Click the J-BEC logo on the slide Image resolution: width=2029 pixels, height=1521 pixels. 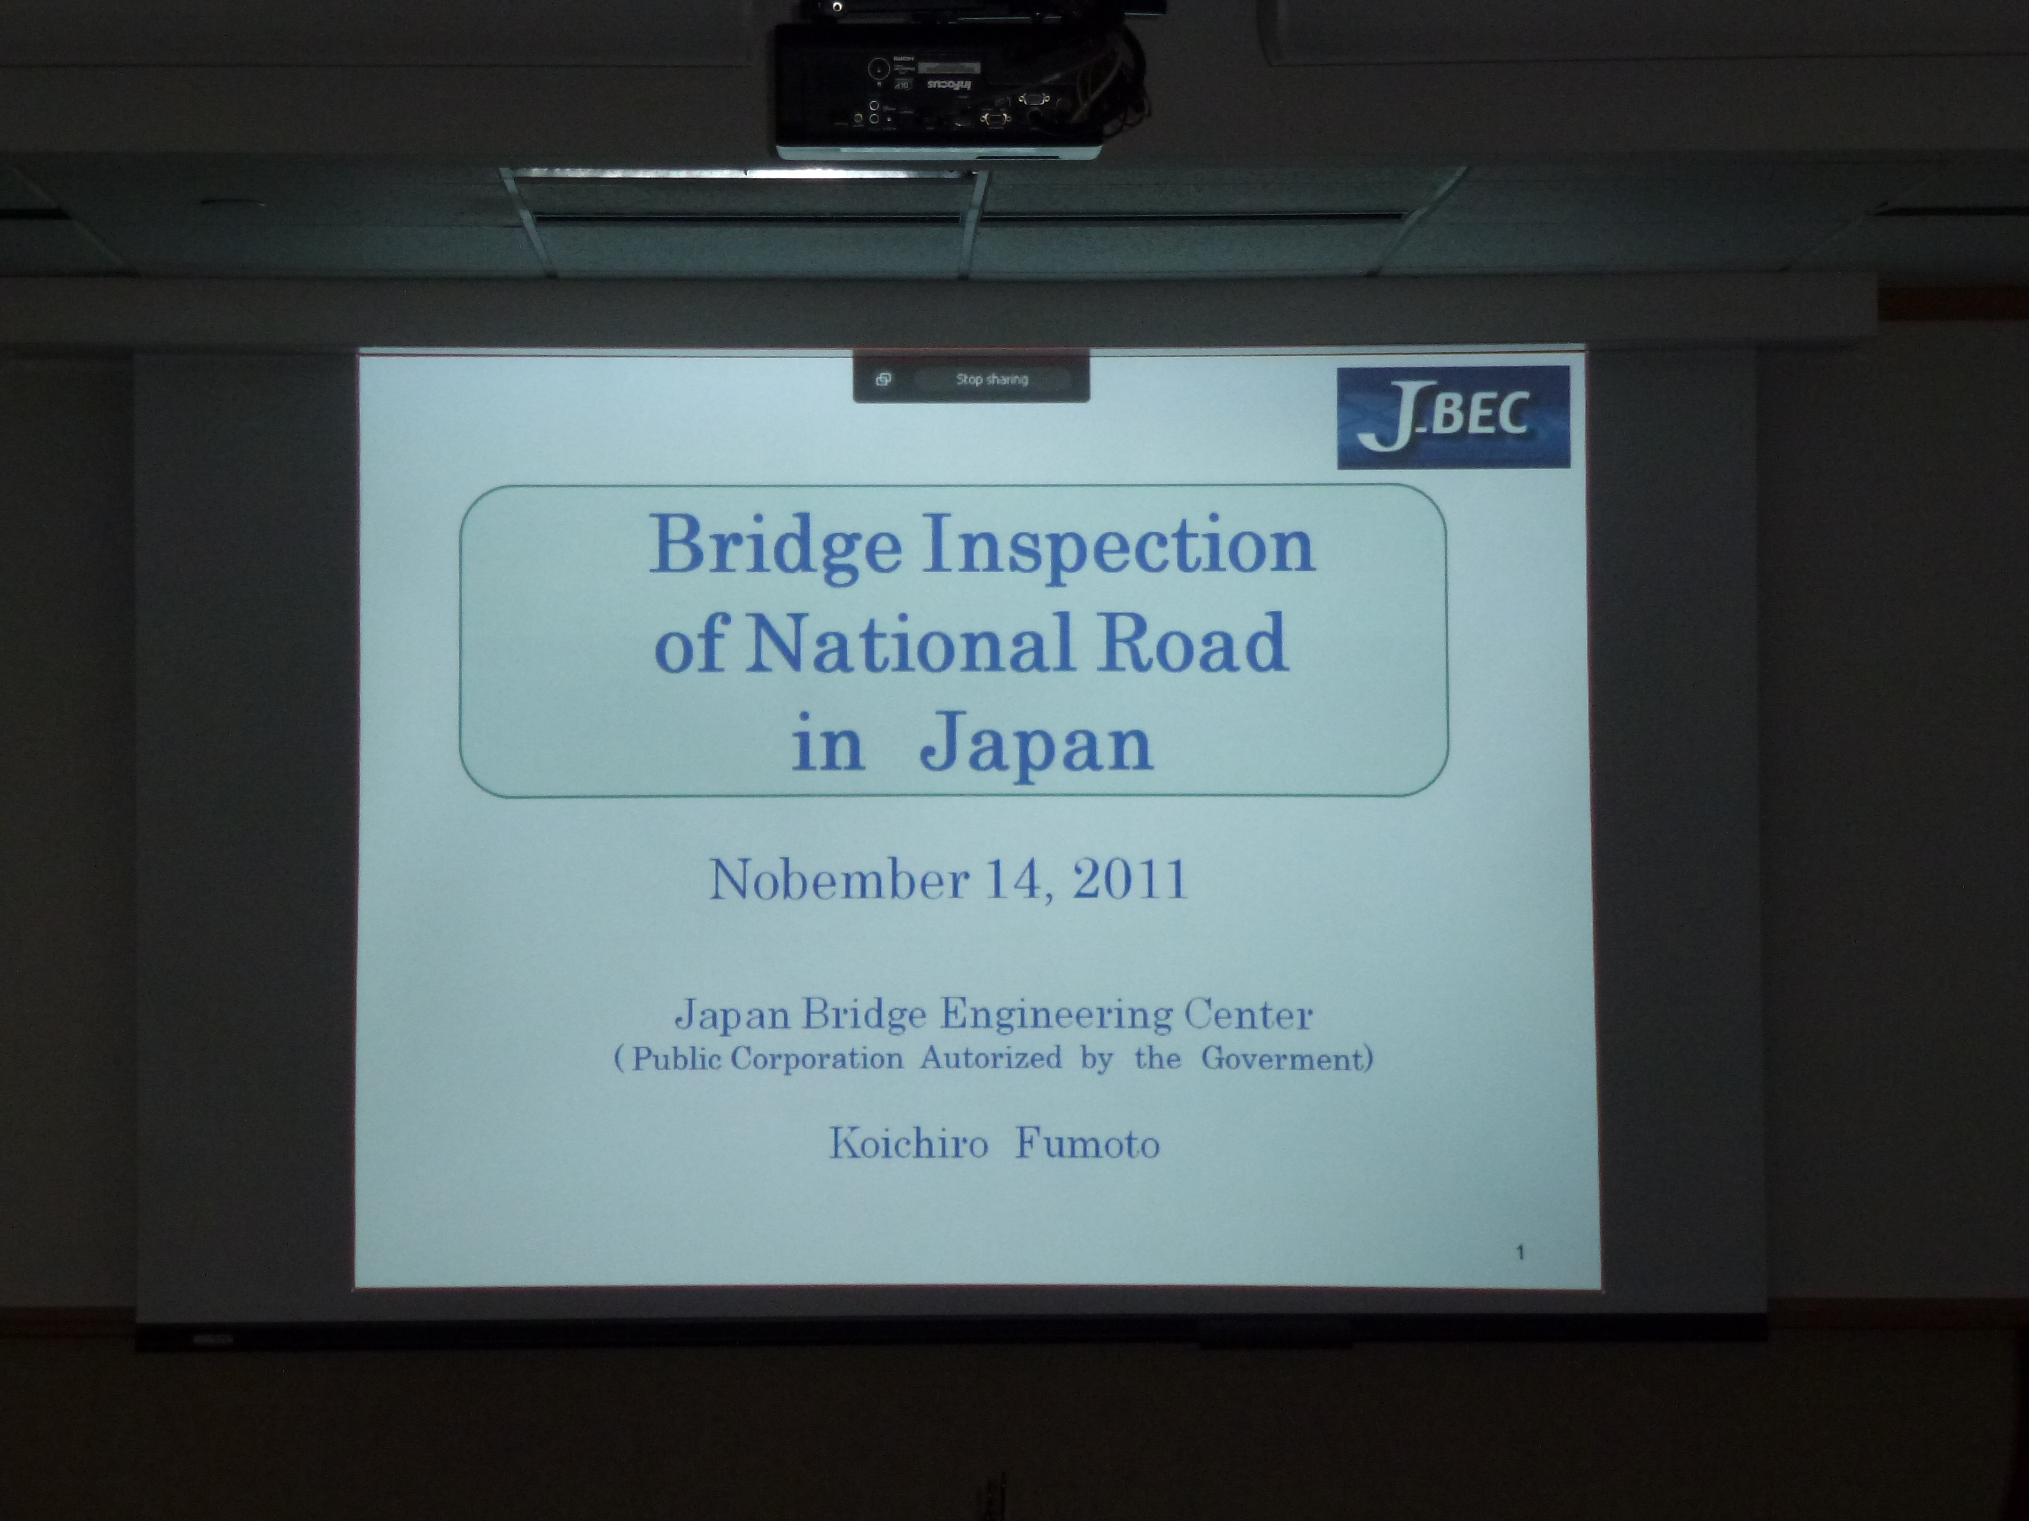coord(1453,417)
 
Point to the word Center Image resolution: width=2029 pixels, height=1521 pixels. coord(1248,1014)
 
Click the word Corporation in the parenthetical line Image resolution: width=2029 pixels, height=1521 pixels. coord(816,1059)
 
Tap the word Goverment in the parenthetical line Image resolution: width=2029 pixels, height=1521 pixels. coord(1283,1059)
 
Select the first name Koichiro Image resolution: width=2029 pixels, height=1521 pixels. coord(909,1143)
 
